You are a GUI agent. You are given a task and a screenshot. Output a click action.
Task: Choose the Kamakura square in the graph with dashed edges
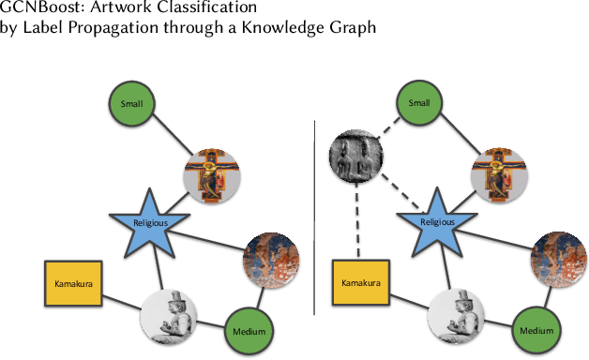pyautogui.click(x=360, y=282)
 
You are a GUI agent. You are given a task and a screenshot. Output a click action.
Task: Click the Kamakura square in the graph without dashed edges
pyautogui.click(x=72, y=282)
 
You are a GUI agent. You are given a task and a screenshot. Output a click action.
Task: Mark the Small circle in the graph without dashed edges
pyautogui.click(x=131, y=103)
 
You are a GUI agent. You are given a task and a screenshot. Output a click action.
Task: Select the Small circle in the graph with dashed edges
pyautogui.click(x=419, y=103)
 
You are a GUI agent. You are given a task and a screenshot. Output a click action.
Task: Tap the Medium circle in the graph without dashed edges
pyautogui.click(x=249, y=331)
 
